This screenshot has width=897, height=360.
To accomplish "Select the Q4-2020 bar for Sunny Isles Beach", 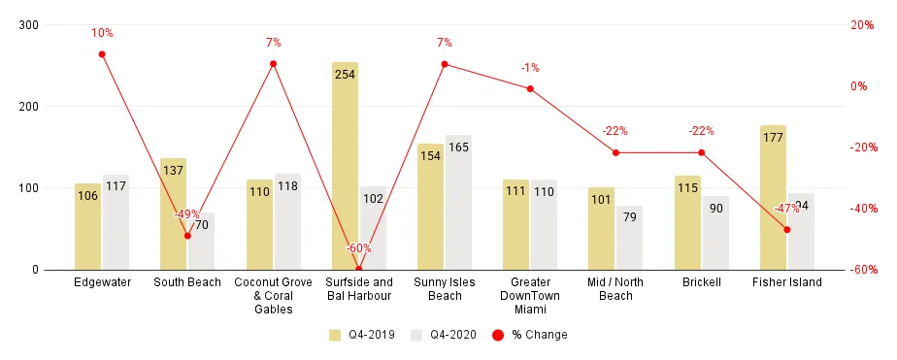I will tap(458, 209).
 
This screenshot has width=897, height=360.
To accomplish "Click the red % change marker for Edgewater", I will tap(102, 54).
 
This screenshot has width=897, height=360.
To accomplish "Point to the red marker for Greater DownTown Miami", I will tap(530, 88).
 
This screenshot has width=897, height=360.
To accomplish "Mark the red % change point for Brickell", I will tap(701, 152).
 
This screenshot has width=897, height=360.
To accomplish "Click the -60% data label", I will tap(359, 248).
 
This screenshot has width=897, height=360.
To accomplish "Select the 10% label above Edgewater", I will tap(102, 33).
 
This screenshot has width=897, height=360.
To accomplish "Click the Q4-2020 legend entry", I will tap(441, 335).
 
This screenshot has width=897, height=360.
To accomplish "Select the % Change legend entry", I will tap(530, 335).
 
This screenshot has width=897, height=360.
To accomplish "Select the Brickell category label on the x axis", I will tap(701, 282).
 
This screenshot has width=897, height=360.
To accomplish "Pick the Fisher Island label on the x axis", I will tap(786, 282).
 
